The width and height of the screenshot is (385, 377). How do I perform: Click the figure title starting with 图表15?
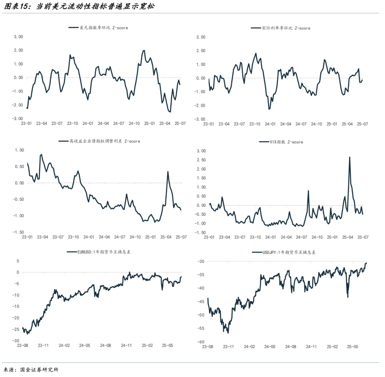pos(79,6)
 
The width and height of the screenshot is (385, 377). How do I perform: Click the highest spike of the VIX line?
pos(349,157)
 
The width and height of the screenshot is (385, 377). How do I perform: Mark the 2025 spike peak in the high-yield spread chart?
pos(168,172)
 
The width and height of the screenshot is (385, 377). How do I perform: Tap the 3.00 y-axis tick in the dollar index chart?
pos(18,37)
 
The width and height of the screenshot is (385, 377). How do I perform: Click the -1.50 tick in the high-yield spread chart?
pos(17,232)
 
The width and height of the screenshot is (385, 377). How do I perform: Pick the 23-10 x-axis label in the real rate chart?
pos(255,124)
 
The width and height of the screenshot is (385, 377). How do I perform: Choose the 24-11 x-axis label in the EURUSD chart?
pos(127,345)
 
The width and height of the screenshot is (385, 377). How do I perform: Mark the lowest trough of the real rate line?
pos(269,109)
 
